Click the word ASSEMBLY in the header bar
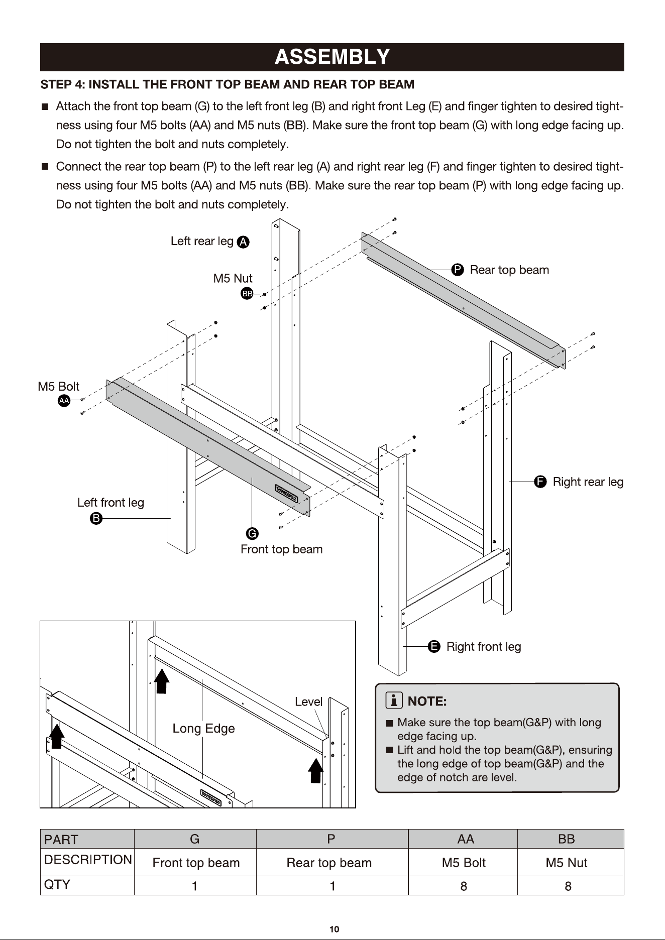point(332,57)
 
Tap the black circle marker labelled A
point(243,242)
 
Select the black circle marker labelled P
point(457,270)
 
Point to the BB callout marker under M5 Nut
point(247,294)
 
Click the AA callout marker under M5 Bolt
point(64,401)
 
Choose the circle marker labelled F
point(540,482)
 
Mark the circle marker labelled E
point(434,646)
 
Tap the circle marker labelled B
point(96,518)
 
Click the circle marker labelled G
point(252,533)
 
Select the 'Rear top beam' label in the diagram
point(509,270)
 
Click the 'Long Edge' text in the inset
point(203,729)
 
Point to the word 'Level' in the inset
point(308,702)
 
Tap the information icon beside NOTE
point(394,699)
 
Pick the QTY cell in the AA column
point(463,886)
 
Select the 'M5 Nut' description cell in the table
point(566,863)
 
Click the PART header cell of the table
point(87,839)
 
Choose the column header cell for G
point(195,839)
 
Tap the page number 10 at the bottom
point(335,929)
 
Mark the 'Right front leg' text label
point(484,647)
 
